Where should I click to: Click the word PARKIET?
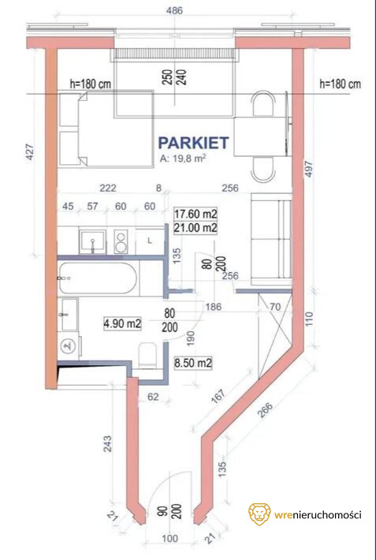point(193,143)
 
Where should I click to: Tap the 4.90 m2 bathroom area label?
point(122,324)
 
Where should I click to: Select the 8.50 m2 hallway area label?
point(193,364)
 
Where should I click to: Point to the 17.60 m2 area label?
point(195,214)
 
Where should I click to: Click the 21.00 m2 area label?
point(195,227)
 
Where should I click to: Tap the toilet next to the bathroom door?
point(147,356)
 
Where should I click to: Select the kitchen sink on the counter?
point(92,242)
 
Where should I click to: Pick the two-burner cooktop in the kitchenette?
point(121,242)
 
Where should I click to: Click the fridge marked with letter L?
point(150,241)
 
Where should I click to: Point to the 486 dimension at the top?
point(175,11)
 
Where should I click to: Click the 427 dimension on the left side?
point(30,151)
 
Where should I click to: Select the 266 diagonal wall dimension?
point(265,412)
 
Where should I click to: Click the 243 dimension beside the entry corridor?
point(107,443)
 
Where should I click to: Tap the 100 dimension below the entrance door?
point(170,538)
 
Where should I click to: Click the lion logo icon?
point(259,514)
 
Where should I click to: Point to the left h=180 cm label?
point(91,84)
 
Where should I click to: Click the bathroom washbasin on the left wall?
point(69,315)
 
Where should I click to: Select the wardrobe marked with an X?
point(276,335)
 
